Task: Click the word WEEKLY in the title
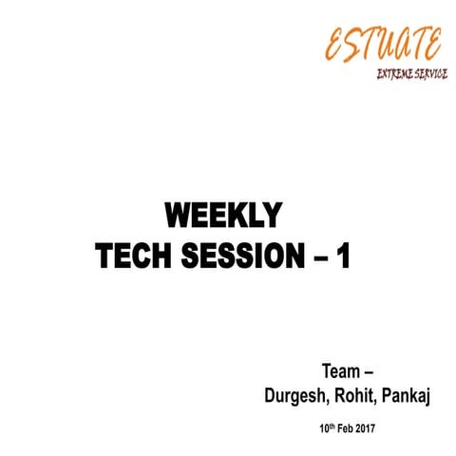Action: (222, 217)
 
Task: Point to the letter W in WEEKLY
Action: (178, 217)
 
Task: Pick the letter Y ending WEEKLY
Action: (271, 217)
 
